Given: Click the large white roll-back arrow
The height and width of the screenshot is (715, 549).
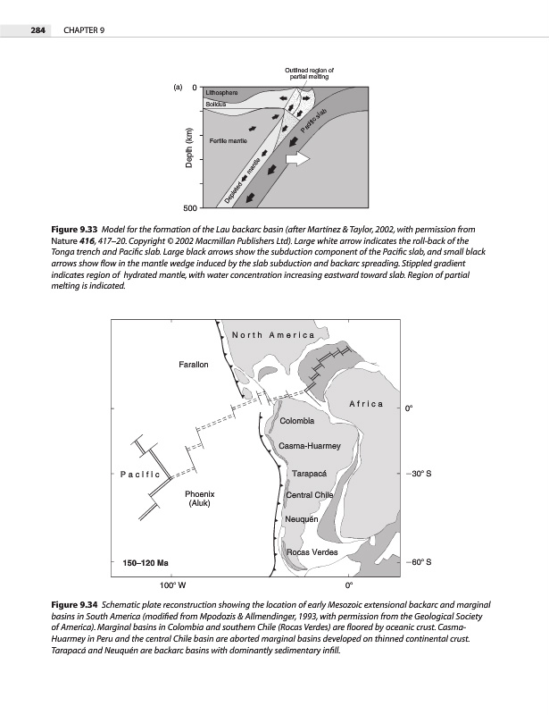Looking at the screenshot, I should (x=295, y=159).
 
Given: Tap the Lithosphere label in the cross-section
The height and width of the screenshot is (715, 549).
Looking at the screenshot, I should (x=222, y=92).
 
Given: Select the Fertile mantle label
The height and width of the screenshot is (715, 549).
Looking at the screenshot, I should (x=229, y=141).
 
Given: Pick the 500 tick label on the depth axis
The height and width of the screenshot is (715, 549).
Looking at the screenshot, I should (x=188, y=208).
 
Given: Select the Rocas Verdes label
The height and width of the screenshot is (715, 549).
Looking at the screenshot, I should (x=312, y=552).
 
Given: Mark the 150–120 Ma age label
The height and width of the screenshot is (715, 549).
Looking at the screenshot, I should (x=146, y=562).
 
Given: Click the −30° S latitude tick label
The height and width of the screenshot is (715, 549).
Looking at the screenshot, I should (x=419, y=474).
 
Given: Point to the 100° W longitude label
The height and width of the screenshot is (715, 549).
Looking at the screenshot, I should (x=172, y=586).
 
